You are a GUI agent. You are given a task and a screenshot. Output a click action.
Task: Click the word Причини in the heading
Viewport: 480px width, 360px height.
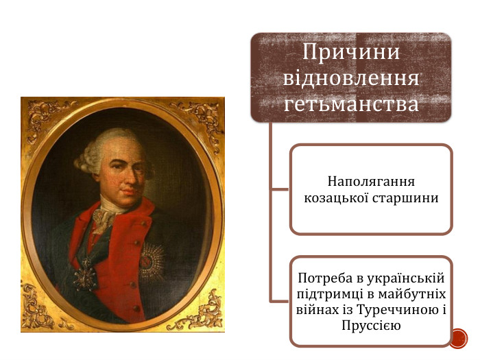[x=351, y=52]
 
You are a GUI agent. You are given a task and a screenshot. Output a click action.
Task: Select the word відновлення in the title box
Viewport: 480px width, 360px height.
[x=351, y=77]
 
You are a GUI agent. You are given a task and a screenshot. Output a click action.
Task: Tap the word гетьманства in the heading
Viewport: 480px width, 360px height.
[x=351, y=104]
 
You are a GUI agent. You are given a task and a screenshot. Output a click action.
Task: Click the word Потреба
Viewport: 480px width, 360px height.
[x=322, y=279]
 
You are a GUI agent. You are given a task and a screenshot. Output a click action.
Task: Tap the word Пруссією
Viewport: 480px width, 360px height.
[x=371, y=324]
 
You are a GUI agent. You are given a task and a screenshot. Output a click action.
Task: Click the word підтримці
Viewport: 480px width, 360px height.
[x=326, y=294]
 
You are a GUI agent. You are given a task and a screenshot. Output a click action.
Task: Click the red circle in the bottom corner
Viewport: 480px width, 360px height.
[x=458, y=337]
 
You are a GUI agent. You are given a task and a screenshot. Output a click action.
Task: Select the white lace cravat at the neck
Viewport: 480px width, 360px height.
[x=104, y=218]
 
